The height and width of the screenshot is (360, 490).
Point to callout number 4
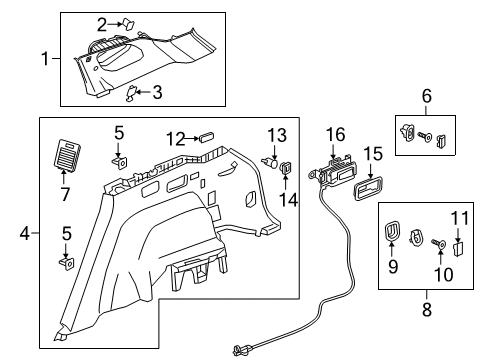pos(24,235)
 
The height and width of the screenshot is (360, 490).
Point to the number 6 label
pos(426,97)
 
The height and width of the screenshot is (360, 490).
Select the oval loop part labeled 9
pos(392,238)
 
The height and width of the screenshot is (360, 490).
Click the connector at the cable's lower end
pos(241,350)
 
